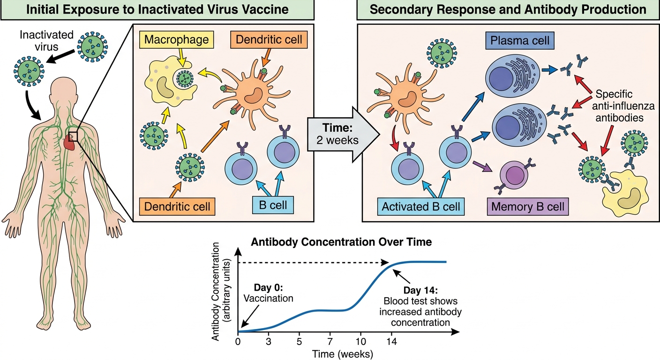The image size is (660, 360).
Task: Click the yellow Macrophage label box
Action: pos(177,40)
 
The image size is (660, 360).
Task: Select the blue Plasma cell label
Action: pos(520,40)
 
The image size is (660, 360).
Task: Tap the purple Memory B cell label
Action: pos(528,207)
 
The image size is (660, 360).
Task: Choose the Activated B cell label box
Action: pos(421,207)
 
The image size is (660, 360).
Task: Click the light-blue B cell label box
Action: pos(273,205)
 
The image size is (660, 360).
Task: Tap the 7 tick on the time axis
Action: pos(330,342)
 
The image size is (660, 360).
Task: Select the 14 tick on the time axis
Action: pos(391,342)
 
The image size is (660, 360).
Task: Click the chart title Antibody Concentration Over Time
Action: pos(341,242)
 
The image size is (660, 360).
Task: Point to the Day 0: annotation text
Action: pos(269,287)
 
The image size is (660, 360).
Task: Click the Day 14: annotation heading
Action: pos(420,290)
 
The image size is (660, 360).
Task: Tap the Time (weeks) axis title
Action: pos(342,354)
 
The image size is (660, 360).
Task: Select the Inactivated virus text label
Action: pos(46,41)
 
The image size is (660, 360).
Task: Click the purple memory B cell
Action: pos(514,175)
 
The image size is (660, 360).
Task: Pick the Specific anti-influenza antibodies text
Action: pos(619,106)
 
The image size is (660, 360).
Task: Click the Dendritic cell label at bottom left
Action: pos(177,207)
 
